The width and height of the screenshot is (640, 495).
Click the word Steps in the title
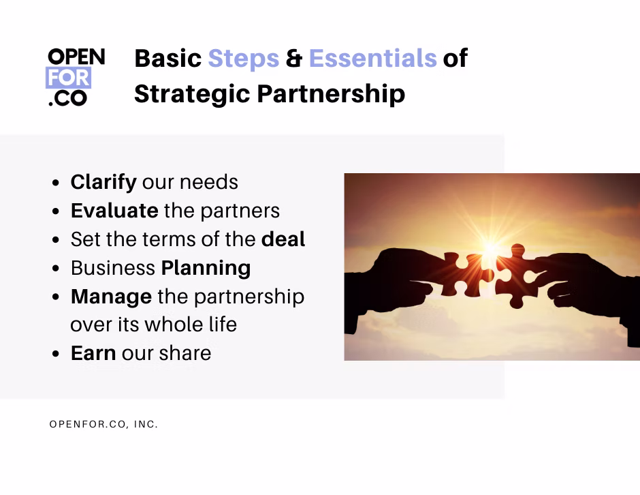[x=244, y=59]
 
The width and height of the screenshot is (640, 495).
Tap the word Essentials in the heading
[x=373, y=58]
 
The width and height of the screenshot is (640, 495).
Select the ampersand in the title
[x=294, y=59]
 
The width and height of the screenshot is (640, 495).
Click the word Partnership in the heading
[x=331, y=94]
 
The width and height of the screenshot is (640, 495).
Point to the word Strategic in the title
[x=192, y=94]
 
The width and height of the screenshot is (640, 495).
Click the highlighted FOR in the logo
[x=68, y=78]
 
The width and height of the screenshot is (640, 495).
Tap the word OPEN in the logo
[x=76, y=57]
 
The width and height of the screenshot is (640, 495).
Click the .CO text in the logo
[x=68, y=98]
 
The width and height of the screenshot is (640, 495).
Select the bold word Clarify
[x=103, y=182]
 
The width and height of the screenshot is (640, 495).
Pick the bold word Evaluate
[x=114, y=211]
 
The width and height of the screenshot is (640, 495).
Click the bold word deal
[x=283, y=239]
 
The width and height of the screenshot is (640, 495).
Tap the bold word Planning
[x=206, y=269]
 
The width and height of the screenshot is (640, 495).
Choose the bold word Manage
[x=112, y=297]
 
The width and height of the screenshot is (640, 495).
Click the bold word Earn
[x=93, y=354]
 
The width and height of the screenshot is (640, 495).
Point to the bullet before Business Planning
[x=56, y=269]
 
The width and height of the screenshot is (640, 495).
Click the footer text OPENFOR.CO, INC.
[x=103, y=424]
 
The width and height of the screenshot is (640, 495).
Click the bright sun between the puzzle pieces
[x=490, y=247]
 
